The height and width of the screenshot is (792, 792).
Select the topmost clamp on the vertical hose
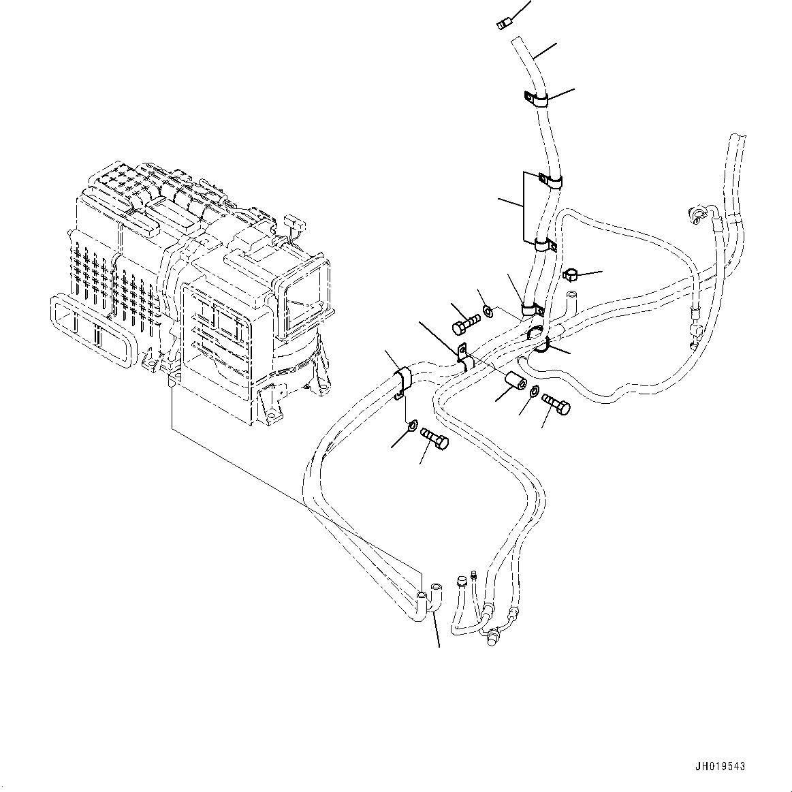point(535,100)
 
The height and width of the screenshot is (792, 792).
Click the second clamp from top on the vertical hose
point(549,180)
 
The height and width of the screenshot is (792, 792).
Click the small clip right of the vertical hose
point(571,276)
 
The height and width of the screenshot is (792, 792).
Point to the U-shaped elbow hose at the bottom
point(428,599)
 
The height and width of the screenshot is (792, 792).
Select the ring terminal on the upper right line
point(695,216)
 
